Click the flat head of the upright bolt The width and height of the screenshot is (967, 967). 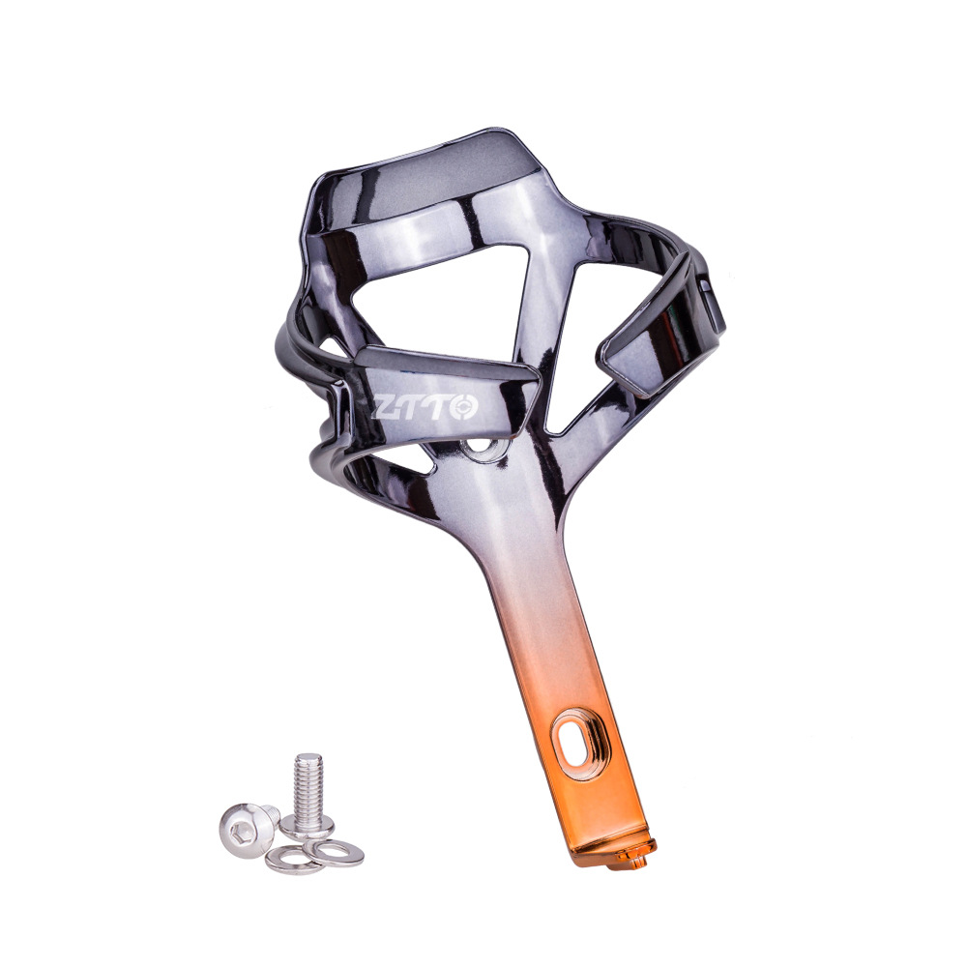point(308,824)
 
